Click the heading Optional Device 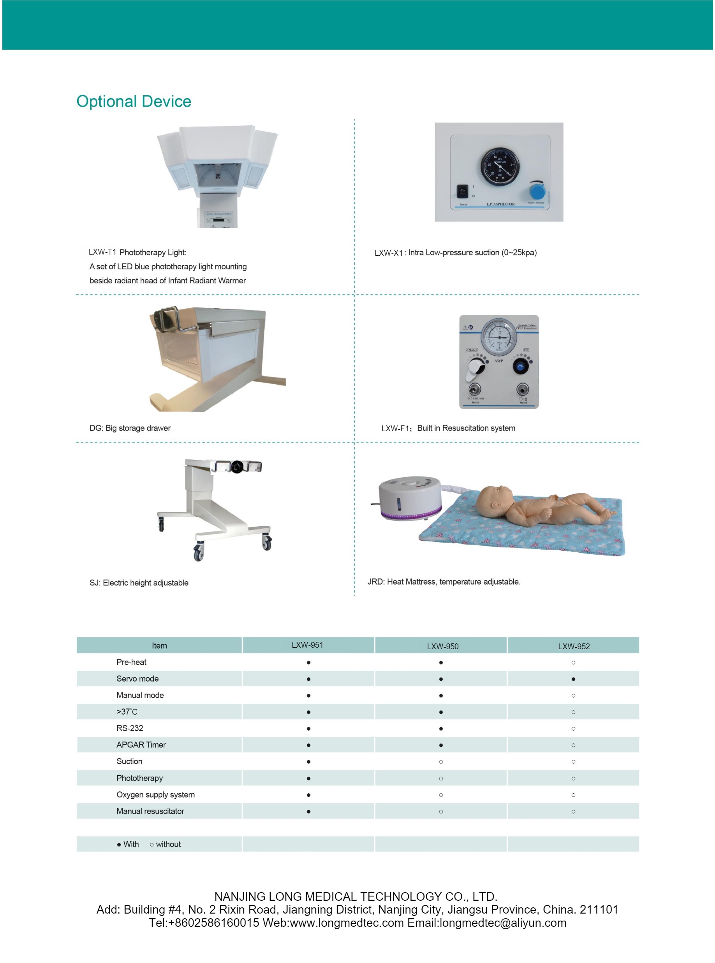[x=134, y=101]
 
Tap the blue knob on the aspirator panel [x=537, y=192]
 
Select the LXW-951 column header [x=307, y=645]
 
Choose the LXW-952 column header [x=574, y=646]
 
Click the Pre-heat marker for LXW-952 [x=574, y=663]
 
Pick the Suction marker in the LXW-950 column [x=441, y=762]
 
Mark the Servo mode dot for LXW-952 [x=574, y=679]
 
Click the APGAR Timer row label [x=141, y=745]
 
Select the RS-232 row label [x=129, y=729]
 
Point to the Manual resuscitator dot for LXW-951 [x=308, y=812]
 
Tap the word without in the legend [x=168, y=844]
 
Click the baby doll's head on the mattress [x=495, y=498]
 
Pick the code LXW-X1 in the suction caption [x=388, y=253]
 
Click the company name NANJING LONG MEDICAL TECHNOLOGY [x=355, y=896]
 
